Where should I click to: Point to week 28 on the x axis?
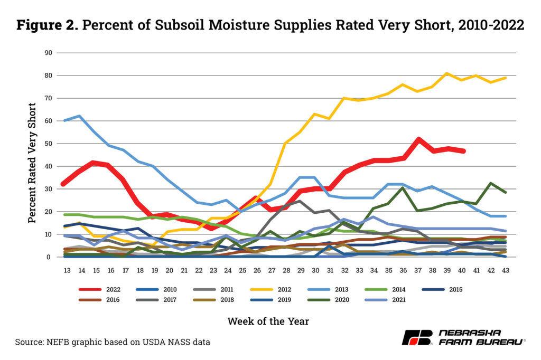point(286,269)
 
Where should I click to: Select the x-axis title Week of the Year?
point(268,321)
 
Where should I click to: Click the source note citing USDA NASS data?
point(113,342)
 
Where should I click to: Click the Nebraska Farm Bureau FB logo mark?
point(417,337)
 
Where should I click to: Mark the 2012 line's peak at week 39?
point(446,73)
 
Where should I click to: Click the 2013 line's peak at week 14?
point(79,116)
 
